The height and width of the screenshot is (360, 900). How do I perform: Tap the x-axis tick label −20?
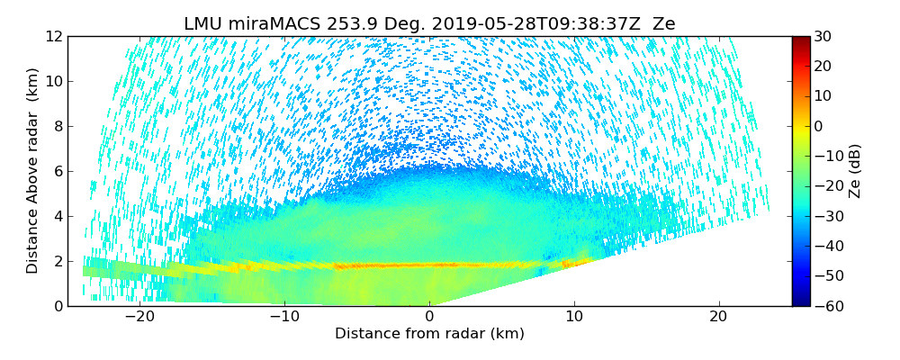click(139, 317)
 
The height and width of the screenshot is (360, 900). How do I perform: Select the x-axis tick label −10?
click(284, 317)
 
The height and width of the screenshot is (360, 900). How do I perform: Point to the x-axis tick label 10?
click(574, 317)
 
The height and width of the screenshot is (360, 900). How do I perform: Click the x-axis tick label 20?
click(718, 317)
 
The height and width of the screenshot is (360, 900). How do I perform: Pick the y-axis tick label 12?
click(53, 36)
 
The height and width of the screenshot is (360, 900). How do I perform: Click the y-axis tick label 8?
click(57, 126)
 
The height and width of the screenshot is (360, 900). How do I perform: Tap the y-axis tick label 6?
click(57, 171)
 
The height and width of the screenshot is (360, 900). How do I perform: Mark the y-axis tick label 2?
click(57, 261)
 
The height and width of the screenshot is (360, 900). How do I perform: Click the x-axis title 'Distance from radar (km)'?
click(429, 334)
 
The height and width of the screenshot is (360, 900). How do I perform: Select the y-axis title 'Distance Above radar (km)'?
click(33, 171)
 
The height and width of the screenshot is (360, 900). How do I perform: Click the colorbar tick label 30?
click(823, 36)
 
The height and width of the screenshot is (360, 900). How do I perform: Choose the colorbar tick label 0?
click(819, 126)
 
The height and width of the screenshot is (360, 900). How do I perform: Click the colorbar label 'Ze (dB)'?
click(855, 171)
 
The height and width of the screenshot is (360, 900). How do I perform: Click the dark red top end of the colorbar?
click(800, 40)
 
